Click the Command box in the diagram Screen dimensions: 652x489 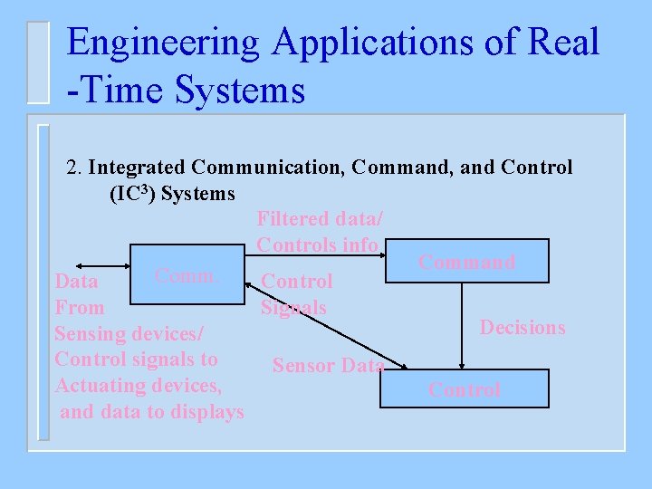(x=466, y=262)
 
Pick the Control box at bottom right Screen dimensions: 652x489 (x=464, y=389)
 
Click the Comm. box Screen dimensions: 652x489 (x=187, y=274)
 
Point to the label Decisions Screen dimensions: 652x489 (x=523, y=328)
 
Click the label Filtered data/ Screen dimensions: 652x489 (x=320, y=219)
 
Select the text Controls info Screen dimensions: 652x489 (x=318, y=244)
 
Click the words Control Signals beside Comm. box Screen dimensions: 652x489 (x=296, y=294)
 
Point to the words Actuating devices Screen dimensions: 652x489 (x=138, y=387)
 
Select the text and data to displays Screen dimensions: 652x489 (x=151, y=412)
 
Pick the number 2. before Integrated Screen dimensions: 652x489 (x=76, y=168)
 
